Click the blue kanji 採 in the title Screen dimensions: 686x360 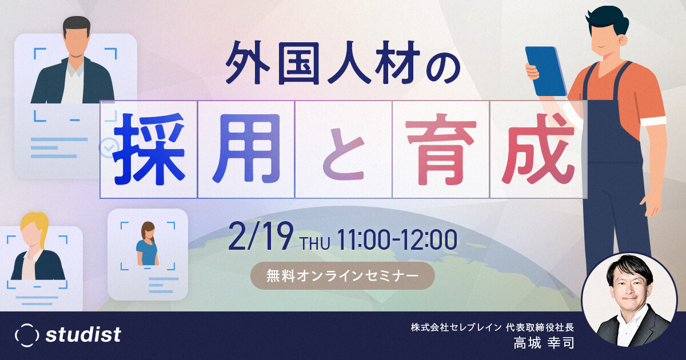tap(149, 149)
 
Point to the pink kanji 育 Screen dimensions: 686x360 tap(441, 149)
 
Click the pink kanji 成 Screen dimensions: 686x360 tap(539, 149)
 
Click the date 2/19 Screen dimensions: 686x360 tap(261, 237)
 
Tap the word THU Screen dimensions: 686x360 tap(316, 243)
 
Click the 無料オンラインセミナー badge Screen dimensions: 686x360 tap(342, 276)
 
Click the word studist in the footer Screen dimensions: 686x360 tap(83, 335)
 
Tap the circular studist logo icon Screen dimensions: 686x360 tap(27, 335)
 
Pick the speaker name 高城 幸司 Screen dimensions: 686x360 tap(544, 343)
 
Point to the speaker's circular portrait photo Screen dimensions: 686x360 tap(629, 301)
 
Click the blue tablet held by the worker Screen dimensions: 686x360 tap(546, 71)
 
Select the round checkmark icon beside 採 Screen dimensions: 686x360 tap(109, 148)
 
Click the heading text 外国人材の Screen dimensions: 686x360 tap(343, 63)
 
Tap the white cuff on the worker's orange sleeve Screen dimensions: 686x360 tap(653, 121)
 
